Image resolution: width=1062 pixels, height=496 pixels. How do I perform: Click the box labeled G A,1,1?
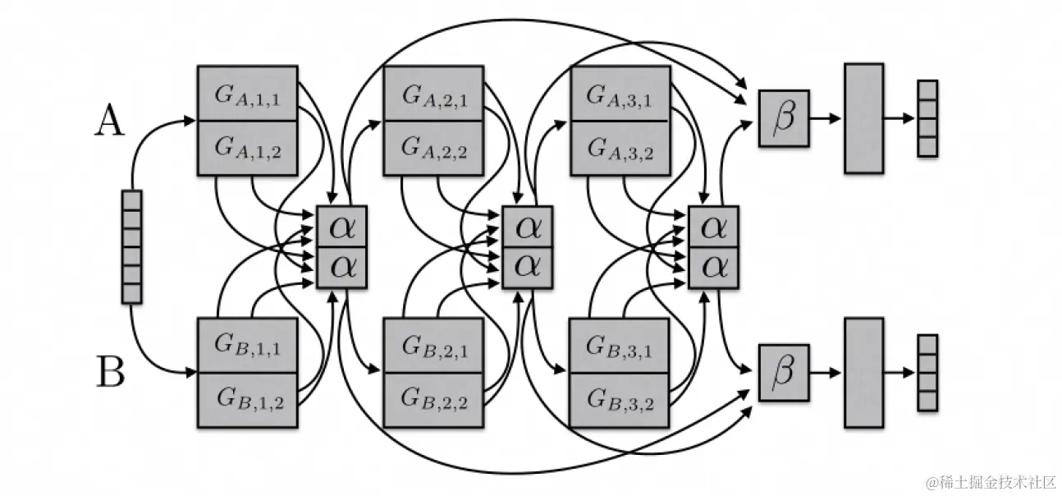(247, 94)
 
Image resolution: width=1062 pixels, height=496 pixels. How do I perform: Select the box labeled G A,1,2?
(247, 148)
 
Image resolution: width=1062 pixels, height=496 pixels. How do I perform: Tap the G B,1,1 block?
(247, 345)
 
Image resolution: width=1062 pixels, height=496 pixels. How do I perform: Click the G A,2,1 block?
(433, 94)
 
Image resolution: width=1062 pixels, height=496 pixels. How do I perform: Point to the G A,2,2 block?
(433, 148)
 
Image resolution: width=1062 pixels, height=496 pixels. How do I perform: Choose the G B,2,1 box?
(433, 345)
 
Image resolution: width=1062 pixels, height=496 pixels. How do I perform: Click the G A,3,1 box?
(619, 94)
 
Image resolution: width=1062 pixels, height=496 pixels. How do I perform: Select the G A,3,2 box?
(619, 148)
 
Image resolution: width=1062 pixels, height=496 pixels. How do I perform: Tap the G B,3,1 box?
(619, 345)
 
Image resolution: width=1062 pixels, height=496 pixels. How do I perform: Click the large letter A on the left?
(109, 122)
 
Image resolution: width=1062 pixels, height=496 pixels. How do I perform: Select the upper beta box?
(784, 118)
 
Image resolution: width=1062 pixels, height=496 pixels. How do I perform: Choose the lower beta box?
(784, 372)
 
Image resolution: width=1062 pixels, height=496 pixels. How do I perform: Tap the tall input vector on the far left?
(131, 246)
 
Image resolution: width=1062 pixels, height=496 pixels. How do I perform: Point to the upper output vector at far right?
(927, 118)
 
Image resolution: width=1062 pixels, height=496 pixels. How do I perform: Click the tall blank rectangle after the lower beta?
(863, 372)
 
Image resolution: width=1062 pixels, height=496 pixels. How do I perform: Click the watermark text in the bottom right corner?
(989, 480)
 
